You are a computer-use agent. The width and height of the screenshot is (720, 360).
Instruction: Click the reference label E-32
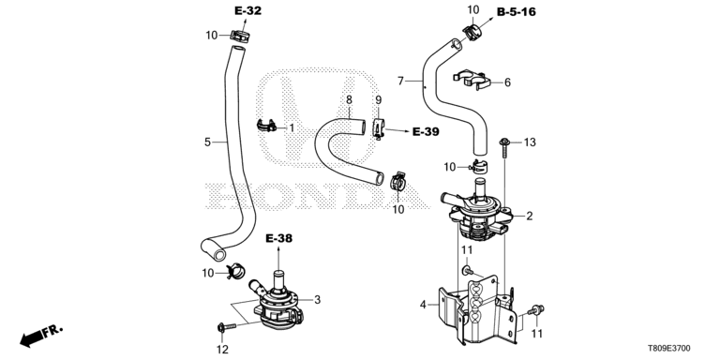pos(247,11)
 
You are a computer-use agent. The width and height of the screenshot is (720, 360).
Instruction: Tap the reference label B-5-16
pos(517,12)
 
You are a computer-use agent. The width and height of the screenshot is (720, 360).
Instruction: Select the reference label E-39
pos(426,132)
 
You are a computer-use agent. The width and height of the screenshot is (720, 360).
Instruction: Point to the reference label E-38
pos(278,238)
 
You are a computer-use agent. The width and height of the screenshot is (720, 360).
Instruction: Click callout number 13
pos(530,142)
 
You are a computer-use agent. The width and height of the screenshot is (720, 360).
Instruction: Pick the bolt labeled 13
pos(504,148)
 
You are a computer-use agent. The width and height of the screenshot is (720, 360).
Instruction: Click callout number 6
pos(507,82)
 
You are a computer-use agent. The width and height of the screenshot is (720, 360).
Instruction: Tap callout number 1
pos(292,127)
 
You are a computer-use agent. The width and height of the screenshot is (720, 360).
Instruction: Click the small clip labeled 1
pos(266,125)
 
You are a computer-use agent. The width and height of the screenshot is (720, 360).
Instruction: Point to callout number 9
pos(379,99)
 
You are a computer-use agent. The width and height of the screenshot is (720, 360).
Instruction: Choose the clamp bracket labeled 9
pos(378,128)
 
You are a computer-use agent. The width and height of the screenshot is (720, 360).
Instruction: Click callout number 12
pos(222,350)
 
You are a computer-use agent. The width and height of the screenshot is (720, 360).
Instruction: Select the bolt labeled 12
pos(226,327)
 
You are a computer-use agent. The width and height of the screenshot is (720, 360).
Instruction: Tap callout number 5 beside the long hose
pos(207,142)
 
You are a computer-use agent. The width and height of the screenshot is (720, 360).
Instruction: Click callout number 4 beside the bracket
pos(423,304)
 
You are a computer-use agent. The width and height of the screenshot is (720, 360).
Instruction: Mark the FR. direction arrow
pos(40,337)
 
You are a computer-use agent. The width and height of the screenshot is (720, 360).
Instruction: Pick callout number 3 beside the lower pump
pos(317,300)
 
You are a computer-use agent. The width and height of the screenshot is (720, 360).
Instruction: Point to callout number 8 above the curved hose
pos(349,99)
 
